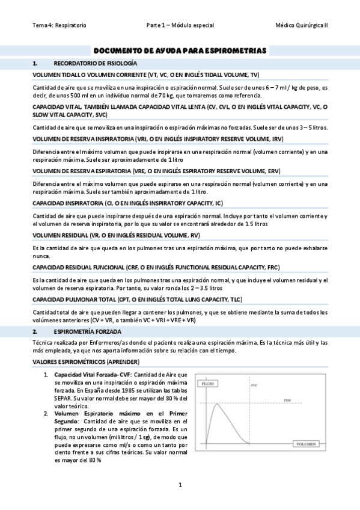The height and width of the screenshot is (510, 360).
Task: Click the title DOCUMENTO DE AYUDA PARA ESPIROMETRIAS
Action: (x=180, y=51)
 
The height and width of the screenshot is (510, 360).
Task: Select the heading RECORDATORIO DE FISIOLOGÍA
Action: (x=95, y=63)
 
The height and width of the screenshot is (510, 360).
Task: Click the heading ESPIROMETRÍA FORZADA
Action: (x=87, y=331)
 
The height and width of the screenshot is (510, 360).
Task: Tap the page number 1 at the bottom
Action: (x=180, y=485)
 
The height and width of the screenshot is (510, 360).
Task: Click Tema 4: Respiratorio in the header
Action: (x=59, y=25)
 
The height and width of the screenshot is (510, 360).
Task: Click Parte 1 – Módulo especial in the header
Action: (x=180, y=25)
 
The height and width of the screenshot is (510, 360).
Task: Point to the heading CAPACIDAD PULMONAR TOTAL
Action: (x=137, y=299)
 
